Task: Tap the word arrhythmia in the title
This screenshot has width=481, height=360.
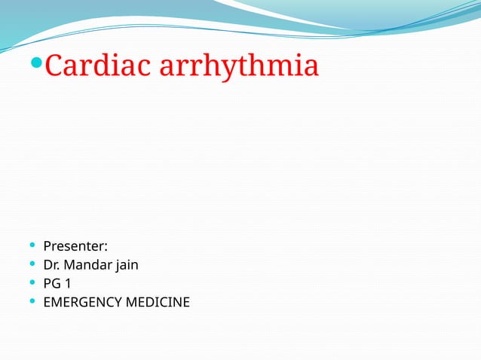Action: [237, 68]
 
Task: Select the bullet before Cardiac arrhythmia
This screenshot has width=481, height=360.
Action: [38, 67]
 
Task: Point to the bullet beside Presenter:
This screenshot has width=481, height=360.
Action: [30, 246]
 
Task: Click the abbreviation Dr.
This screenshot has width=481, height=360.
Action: [51, 264]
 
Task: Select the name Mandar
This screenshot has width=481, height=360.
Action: [89, 264]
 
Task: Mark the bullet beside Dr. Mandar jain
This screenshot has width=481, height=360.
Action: [30, 264]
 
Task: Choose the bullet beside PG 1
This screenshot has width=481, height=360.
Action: [30, 284]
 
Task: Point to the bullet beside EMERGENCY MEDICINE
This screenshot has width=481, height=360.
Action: [30, 303]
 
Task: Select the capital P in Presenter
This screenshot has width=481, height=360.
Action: [47, 246]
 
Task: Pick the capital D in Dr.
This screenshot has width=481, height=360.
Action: [47, 264]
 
